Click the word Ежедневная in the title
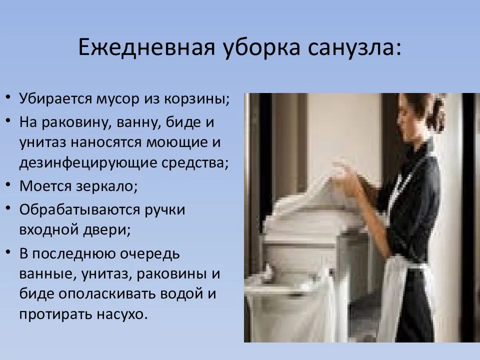[x=147, y=48]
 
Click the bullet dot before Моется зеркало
[x=8, y=184]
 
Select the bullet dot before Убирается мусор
[x=8, y=98]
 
